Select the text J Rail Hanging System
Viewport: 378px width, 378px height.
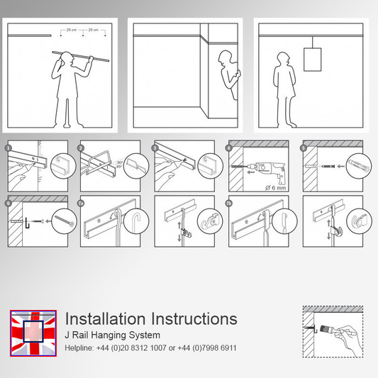pos(112,335)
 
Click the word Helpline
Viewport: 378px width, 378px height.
pos(81,348)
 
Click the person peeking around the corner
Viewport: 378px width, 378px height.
pos(227,78)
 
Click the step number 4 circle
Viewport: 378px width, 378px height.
pos(229,149)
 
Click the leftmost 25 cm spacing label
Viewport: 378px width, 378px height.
pos(72,30)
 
